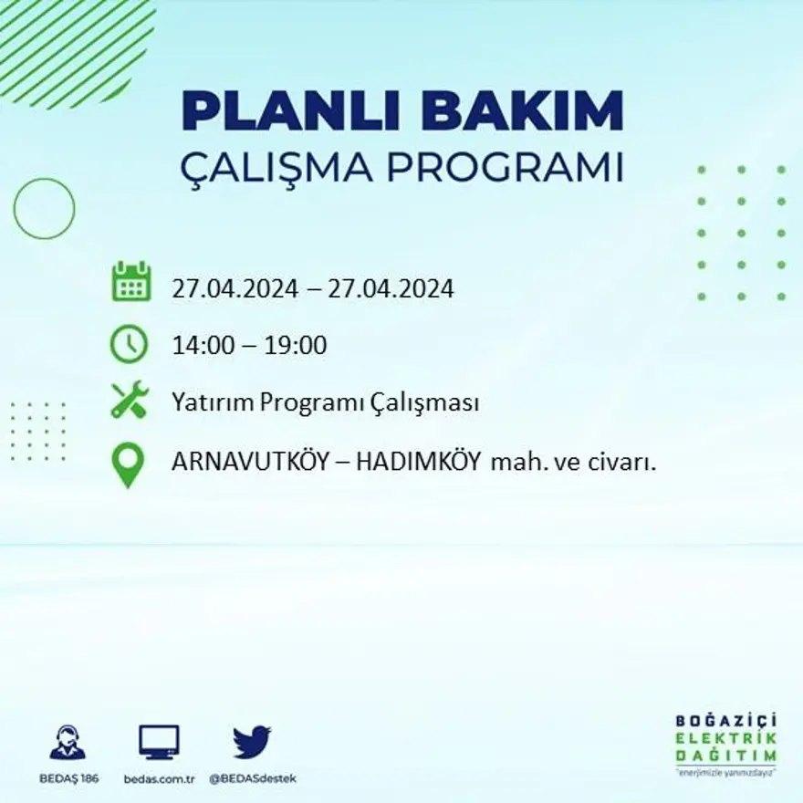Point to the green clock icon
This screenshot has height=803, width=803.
130,344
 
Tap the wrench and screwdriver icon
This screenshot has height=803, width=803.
130,400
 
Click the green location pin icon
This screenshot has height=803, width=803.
128,464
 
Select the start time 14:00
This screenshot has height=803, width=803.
200,346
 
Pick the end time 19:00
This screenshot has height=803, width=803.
296,346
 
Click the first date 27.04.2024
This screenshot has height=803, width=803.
235,289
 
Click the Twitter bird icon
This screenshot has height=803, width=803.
252,742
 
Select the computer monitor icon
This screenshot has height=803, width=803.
159,742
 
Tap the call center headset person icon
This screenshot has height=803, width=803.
68,743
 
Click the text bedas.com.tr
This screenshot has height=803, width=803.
160,778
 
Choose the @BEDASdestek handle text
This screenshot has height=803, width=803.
253,778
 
